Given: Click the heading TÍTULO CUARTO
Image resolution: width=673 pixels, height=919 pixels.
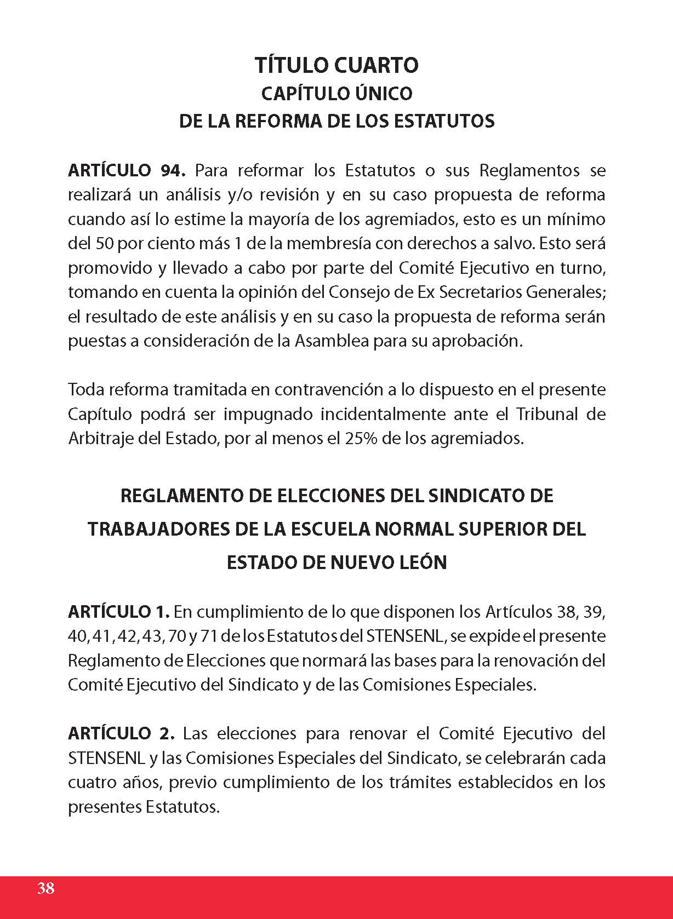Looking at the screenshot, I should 336,65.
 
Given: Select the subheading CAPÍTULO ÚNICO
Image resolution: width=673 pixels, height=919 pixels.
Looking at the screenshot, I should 336,94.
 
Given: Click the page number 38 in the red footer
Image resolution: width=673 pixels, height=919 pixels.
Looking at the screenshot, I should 46,888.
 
